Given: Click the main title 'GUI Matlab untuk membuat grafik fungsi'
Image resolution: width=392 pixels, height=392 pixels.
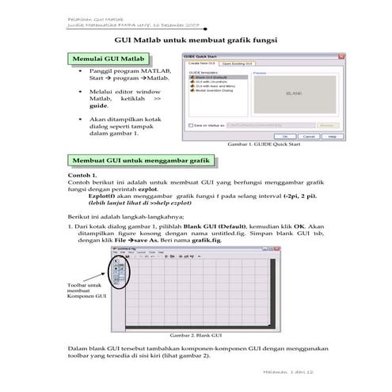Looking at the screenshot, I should (x=196, y=39).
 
